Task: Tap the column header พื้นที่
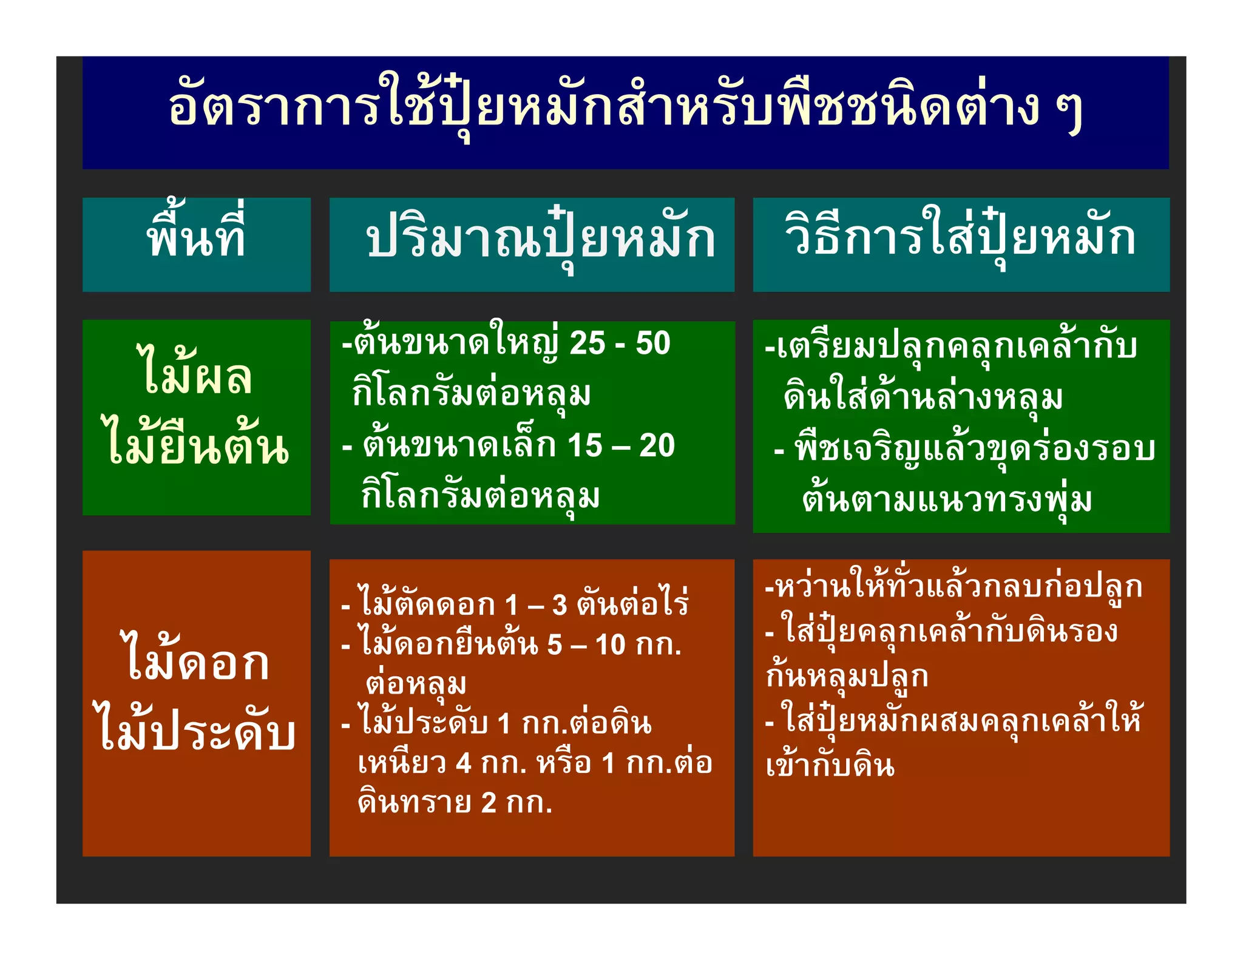click(197, 237)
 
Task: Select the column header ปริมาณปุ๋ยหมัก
click(540, 240)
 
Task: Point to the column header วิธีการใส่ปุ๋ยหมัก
click(960, 237)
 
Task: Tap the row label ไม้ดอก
click(197, 661)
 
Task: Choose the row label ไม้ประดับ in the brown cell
click(197, 731)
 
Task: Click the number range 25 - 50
click(620, 343)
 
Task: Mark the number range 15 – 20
click(620, 446)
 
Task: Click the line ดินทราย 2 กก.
click(455, 803)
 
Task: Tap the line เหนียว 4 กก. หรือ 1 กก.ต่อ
click(534, 763)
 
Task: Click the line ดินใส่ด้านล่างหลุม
click(923, 397)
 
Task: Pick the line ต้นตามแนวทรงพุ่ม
click(947, 501)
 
